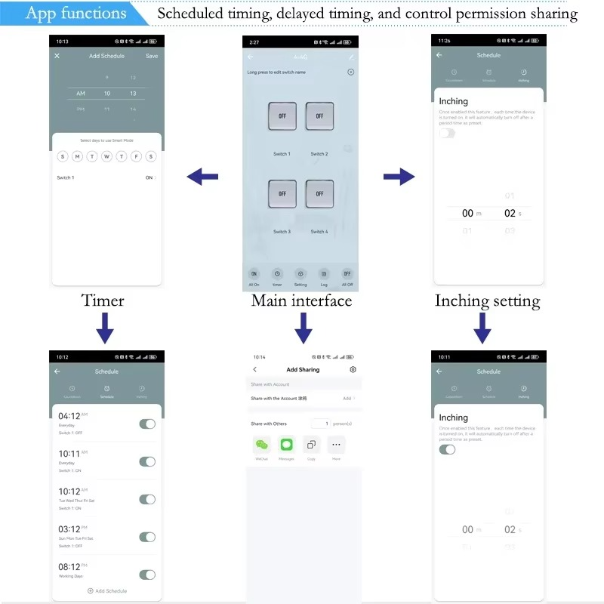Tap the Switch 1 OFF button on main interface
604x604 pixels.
click(x=282, y=116)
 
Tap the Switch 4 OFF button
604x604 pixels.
click(x=319, y=194)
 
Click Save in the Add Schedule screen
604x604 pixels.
click(x=152, y=56)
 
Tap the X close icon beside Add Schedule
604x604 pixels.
click(x=57, y=56)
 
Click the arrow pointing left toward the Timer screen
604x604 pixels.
click(x=202, y=177)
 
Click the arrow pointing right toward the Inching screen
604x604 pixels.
click(x=399, y=177)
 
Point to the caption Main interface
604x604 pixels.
click(x=301, y=300)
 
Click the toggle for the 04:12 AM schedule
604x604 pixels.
click(x=147, y=424)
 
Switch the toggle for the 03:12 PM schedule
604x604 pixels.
click(x=147, y=537)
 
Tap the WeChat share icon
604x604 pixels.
click(x=261, y=445)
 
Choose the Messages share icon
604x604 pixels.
click(x=286, y=445)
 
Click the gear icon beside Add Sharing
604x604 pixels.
click(x=353, y=369)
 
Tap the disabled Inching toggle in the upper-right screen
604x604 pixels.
click(x=447, y=133)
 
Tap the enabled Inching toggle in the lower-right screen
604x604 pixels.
click(x=447, y=449)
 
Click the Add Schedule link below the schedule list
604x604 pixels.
click(x=107, y=590)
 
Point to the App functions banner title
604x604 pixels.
click(x=75, y=14)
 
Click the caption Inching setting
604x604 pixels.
click(x=487, y=301)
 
